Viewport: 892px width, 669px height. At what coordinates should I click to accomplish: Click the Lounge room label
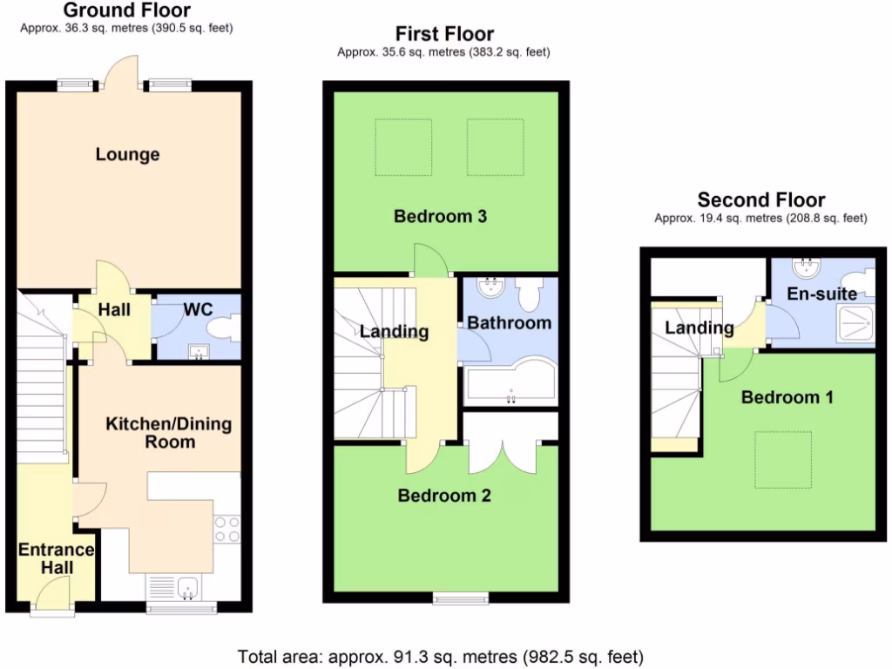point(127,155)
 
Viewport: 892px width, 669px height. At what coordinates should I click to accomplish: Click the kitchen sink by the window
point(187,590)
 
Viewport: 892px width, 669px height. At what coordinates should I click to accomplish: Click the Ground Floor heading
point(126,10)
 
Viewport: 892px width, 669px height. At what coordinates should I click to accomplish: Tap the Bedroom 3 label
point(440,216)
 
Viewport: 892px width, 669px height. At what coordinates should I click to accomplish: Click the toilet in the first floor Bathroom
point(529,294)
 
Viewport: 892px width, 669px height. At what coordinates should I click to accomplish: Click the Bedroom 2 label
point(444,496)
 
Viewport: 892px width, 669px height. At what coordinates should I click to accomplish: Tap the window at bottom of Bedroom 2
point(461,598)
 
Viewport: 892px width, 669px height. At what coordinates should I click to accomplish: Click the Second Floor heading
point(761,200)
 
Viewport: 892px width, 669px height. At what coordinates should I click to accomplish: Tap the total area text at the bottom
point(441,656)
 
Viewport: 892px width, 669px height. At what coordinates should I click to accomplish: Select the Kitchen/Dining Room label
point(157,433)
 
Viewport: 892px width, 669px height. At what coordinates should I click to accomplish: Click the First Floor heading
point(444,35)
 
